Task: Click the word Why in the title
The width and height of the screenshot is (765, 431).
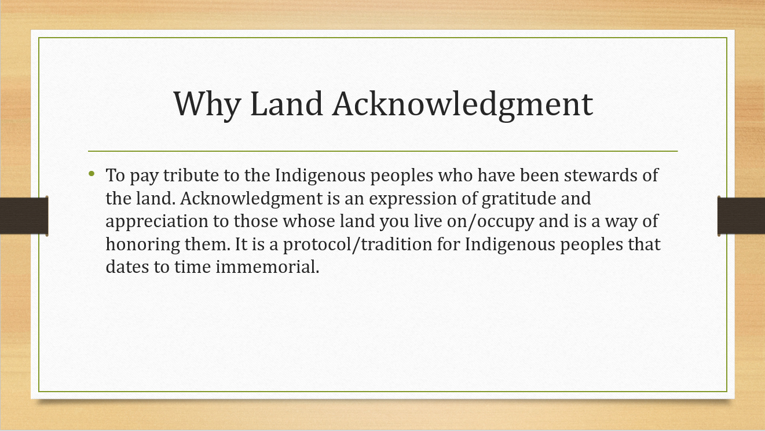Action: pos(207,105)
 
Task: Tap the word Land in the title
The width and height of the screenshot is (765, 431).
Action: pos(287,104)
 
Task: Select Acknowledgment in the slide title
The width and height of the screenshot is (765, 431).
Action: pos(463,105)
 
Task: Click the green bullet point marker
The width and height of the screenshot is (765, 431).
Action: pos(91,174)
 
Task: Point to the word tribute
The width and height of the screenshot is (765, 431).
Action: pos(191,175)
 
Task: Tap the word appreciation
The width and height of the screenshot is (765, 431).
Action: pos(158,222)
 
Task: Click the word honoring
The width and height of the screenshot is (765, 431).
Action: pos(143,245)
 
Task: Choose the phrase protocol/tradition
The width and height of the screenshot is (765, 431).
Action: pos(357,245)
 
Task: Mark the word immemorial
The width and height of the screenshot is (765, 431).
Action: pos(267,267)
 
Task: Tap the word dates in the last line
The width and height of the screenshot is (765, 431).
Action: pos(127,267)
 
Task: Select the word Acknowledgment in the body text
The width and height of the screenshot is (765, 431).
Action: pos(251,199)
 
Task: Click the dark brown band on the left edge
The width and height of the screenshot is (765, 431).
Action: pos(24,216)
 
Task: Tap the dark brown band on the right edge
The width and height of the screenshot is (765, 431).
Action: pos(741,216)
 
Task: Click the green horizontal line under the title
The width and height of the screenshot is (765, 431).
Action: pos(383,151)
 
